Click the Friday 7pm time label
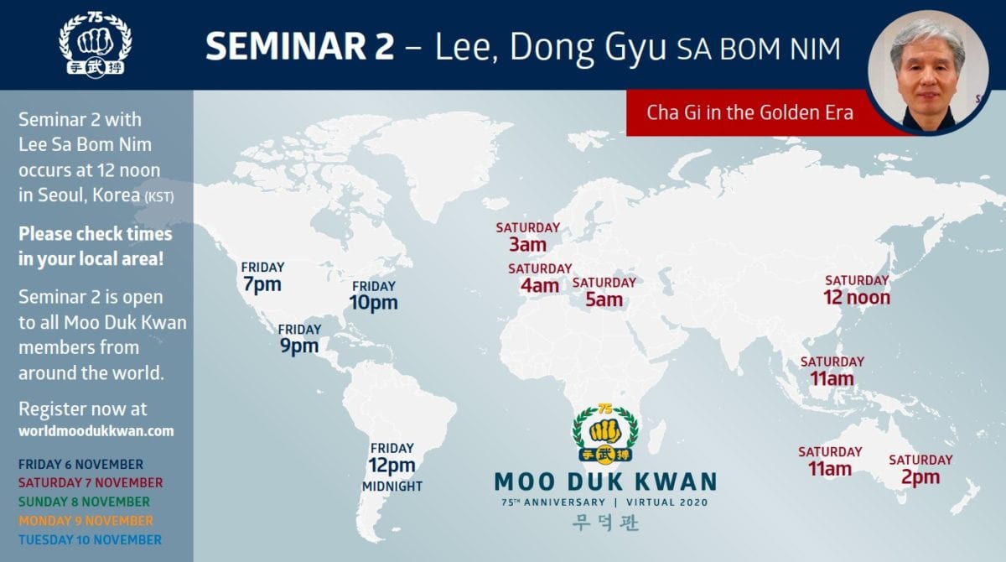point(262,278)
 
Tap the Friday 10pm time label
point(374,296)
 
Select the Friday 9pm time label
point(299,340)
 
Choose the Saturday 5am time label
point(604,293)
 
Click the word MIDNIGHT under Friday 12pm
point(392,486)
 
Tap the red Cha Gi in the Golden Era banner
point(749,112)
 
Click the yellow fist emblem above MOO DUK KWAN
point(605,433)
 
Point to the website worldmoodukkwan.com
point(96,431)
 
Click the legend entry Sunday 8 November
point(84,502)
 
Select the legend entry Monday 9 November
point(86,521)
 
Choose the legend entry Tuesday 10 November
point(90,539)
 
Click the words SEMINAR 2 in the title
point(300,46)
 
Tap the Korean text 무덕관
point(605,523)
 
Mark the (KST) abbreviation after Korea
point(159,197)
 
